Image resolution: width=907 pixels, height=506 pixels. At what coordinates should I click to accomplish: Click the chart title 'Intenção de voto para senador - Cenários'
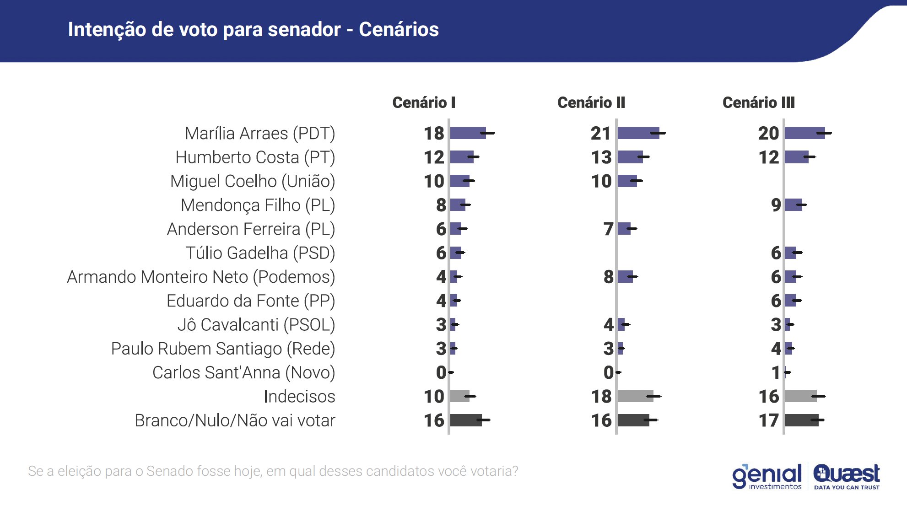tap(253, 30)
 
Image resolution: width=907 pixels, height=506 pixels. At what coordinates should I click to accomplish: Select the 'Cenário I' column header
tap(424, 102)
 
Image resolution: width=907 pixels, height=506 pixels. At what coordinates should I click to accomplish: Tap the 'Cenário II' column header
tap(591, 102)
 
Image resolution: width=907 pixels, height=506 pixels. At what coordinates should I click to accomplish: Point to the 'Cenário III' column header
tap(758, 102)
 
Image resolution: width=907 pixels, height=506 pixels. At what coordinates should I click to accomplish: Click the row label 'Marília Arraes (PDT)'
tap(260, 134)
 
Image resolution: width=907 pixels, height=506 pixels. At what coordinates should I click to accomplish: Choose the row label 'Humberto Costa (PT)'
tap(255, 157)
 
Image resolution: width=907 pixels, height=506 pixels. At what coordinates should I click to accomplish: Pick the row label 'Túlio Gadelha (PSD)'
tap(260, 253)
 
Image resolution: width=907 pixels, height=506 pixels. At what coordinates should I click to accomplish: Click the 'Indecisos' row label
tap(299, 397)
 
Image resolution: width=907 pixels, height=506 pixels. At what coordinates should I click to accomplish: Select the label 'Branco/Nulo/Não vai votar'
tap(235, 420)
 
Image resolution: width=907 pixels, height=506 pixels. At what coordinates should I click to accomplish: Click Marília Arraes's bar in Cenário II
tap(638, 134)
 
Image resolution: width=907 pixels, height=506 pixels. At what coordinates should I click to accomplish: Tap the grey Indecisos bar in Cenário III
tap(800, 397)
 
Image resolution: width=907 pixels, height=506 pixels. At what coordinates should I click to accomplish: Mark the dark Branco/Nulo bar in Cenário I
tap(465, 420)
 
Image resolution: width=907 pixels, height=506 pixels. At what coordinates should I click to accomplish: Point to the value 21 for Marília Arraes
tap(600, 134)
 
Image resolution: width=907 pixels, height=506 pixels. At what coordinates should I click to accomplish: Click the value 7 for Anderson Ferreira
tap(608, 229)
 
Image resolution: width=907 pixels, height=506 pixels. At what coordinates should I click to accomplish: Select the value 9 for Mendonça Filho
tap(776, 205)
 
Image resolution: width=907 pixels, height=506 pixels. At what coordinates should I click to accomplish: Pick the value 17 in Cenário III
tap(768, 420)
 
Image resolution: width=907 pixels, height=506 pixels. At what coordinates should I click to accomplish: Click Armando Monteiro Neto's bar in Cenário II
tap(625, 277)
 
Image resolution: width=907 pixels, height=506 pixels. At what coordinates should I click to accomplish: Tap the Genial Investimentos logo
tap(767, 476)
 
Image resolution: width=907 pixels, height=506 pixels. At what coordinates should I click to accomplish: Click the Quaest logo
tap(847, 476)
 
